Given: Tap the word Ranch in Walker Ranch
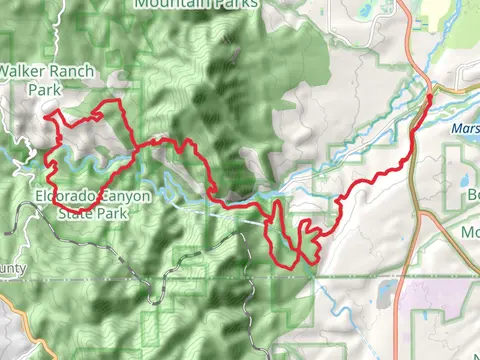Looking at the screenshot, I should click(68, 72).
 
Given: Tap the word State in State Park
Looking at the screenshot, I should click(76, 212).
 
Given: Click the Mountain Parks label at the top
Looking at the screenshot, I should click(194, 4).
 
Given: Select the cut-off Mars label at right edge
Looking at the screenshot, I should click(465, 128).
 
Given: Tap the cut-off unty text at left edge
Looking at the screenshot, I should click(12, 268).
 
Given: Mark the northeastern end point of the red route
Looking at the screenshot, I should click(429, 97).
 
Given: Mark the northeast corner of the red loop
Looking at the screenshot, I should click(119, 102).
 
